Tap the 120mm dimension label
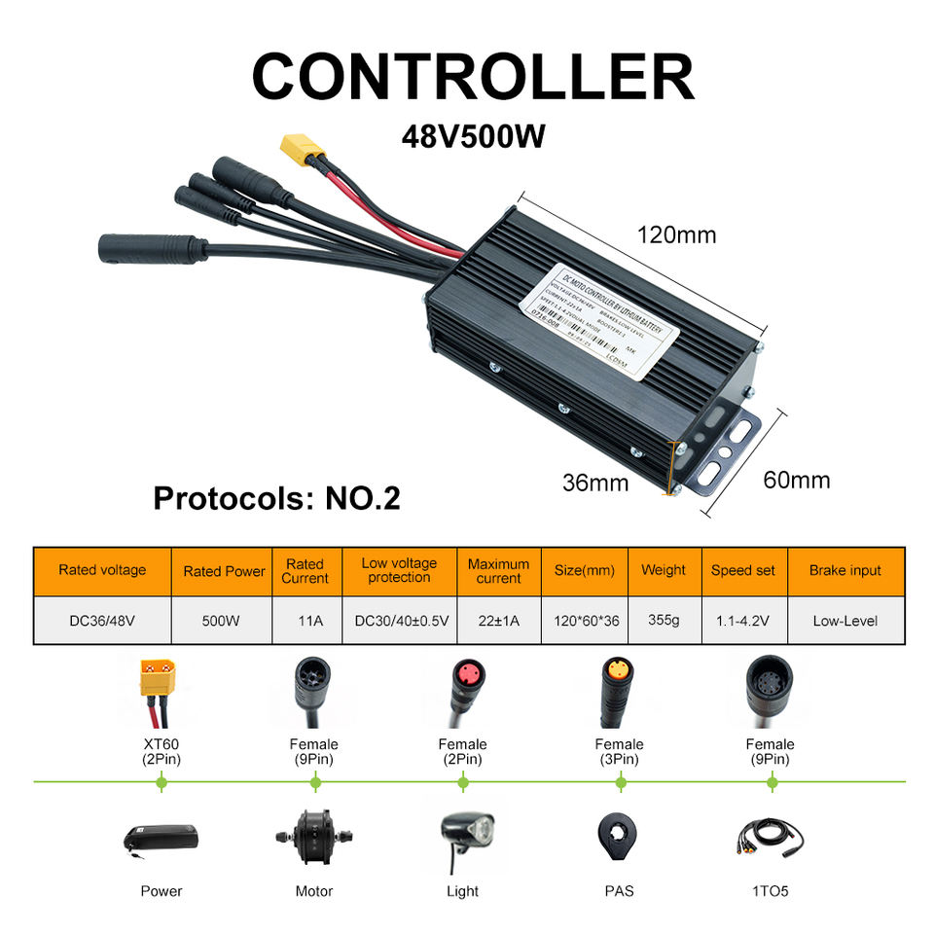[x=676, y=234]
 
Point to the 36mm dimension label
[x=595, y=481]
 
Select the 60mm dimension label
[x=796, y=480]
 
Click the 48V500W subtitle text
[x=473, y=134]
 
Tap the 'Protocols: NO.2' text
[x=276, y=498]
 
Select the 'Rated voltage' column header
[x=102, y=570]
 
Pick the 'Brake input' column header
[x=844, y=570]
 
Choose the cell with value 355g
[x=663, y=620]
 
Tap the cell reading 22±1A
[x=498, y=621]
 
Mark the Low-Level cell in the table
[x=844, y=621]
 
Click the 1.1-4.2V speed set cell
[x=742, y=621]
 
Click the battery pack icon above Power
[x=162, y=838]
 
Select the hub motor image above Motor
[x=313, y=838]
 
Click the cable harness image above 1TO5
[x=772, y=838]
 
